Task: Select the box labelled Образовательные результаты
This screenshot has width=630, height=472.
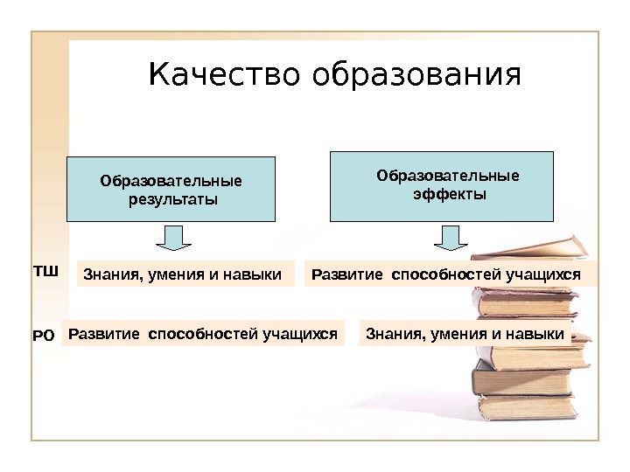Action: [x=171, y=189]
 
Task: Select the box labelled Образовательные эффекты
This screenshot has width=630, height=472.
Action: [x=441, y=185]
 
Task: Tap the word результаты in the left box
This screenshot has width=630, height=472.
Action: [x=171, y=200]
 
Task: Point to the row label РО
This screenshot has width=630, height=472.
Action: [x=44, y=334]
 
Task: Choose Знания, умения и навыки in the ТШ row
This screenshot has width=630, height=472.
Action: [x=182, y=276]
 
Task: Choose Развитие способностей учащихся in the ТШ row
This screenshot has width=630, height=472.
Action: [x=446, y=275]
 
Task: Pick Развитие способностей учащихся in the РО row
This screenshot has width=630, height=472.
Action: [x=203, y=333]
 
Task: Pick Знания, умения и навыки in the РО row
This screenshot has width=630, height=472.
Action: [x=465, y=333]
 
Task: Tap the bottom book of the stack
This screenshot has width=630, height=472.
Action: [x=525, y=405]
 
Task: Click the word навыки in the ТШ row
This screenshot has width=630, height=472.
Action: [x=257, y=276]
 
